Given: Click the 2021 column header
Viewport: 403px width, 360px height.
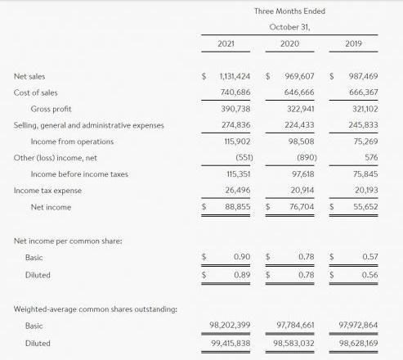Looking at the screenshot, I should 226,43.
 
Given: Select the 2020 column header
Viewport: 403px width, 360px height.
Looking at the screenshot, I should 289,43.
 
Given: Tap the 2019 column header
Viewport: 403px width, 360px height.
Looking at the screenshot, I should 354,43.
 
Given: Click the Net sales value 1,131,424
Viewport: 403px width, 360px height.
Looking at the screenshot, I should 235,76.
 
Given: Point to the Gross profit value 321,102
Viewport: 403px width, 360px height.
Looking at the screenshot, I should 363,109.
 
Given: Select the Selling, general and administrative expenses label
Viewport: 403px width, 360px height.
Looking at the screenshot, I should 88,125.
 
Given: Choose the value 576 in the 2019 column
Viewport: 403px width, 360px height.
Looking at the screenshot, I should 371,157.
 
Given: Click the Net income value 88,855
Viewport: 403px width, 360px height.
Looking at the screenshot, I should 237,207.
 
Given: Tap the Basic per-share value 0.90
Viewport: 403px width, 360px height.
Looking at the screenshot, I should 241,257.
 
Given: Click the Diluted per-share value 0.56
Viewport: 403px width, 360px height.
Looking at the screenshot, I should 369,274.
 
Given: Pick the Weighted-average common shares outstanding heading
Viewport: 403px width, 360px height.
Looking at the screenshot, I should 94,308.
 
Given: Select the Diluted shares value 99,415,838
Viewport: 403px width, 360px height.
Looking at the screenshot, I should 230,344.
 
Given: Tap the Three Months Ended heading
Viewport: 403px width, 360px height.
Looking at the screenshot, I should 289,11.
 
